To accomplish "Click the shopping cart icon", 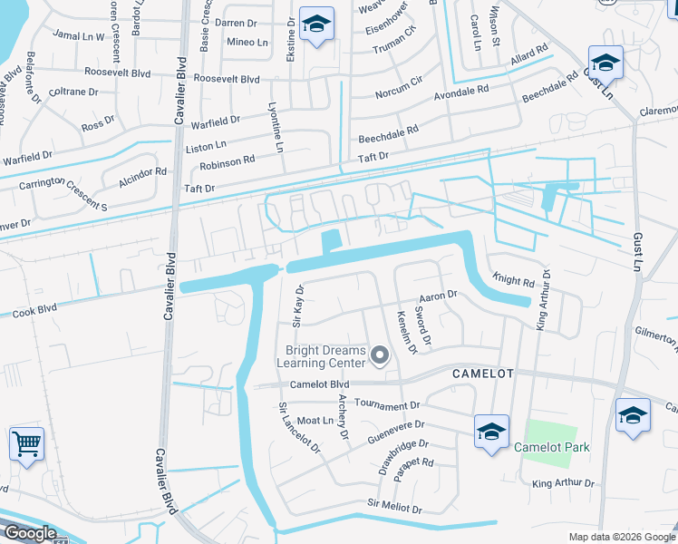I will (x=26, y=444).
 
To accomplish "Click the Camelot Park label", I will (x=551, y=447).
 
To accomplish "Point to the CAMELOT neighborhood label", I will (x=483, y=374).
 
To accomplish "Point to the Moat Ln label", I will (x=315, y=421).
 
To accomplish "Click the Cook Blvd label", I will (x=34, y=311).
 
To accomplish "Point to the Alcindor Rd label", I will (x=143, y=171).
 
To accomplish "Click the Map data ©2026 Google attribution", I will (x=622, y=537).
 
